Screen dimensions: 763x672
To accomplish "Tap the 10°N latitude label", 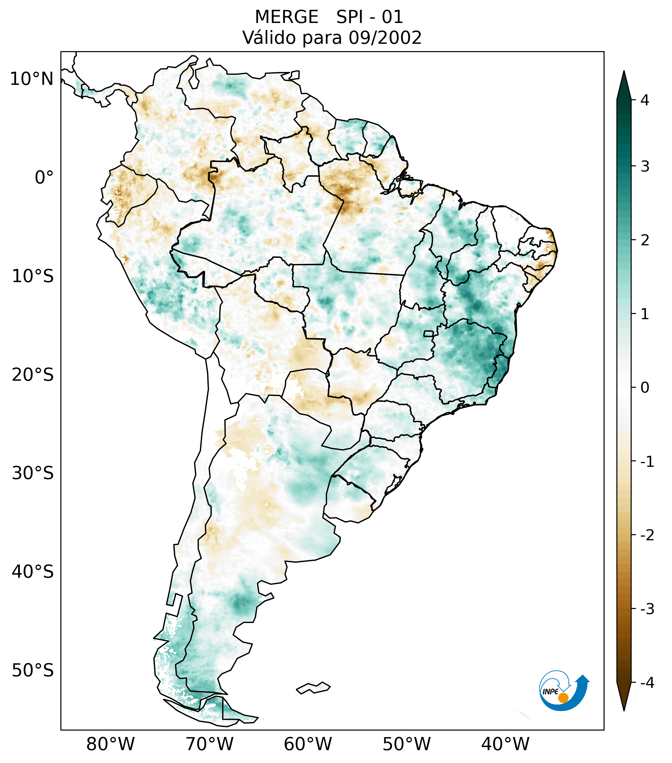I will [32, 79].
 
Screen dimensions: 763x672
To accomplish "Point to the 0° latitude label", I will [44, 178].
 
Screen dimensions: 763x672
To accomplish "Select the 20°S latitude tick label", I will [33, 375].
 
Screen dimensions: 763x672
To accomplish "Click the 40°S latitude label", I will [33, 572].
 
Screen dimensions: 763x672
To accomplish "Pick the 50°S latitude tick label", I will [33, 671].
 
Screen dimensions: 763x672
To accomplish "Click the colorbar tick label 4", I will [645, 100].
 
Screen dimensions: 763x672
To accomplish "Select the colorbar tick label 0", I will [645, 388].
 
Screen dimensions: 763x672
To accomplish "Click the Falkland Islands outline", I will [313, 688].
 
